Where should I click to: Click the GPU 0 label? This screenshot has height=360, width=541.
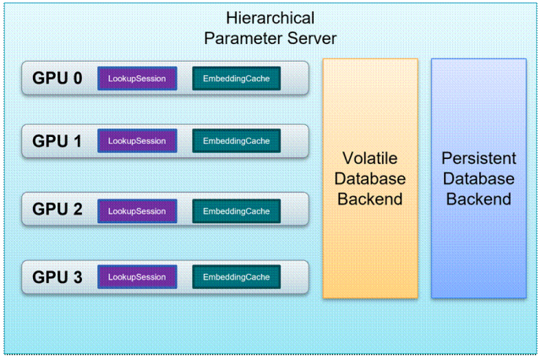click(57, 79)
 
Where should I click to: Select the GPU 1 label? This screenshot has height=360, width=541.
click(57, 141)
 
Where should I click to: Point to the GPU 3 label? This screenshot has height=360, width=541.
click(57, 277)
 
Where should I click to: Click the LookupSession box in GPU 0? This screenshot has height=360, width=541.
click(137, 79)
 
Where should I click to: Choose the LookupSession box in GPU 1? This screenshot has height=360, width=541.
click(137, 141)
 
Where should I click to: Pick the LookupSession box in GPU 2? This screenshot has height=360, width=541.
click(137, 211)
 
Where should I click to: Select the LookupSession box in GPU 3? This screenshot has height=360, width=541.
click(137, 277)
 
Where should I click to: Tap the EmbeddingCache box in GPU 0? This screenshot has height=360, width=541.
click(236, 79)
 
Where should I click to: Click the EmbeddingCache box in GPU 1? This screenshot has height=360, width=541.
click(236, 141)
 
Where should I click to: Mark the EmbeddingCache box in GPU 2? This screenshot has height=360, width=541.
click(236, 211)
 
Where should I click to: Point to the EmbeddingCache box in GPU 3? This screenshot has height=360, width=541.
click(236, 277)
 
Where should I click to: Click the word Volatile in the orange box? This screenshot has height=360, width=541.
click(370, 158)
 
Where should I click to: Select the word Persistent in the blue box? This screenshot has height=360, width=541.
click(478, 158)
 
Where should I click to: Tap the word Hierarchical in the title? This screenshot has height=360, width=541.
click(270, 18)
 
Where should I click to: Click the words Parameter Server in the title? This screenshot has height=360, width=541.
click(270, 38)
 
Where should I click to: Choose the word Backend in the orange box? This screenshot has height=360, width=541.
click(370, 199)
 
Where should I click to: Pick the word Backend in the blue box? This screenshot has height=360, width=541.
click(478, 199)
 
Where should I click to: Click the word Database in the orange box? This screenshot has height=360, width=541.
click(370, 179)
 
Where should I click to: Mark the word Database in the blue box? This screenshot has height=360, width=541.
click(478, 179)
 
